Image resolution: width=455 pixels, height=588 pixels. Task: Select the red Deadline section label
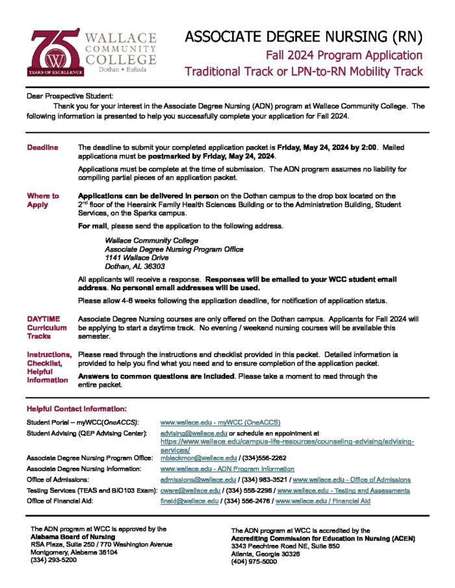tap(42, 148)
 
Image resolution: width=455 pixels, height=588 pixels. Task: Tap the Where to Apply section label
tap(42, 200)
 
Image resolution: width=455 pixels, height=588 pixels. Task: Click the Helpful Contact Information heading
tap(77, 409)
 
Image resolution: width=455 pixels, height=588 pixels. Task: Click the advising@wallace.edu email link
tap(194, 432)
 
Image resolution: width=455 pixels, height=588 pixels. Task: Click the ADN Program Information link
tap(227, 469)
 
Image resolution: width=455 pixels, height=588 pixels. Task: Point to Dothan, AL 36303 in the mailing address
tap(135, 266)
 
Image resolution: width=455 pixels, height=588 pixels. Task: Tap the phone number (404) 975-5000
tap(253, 562)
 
